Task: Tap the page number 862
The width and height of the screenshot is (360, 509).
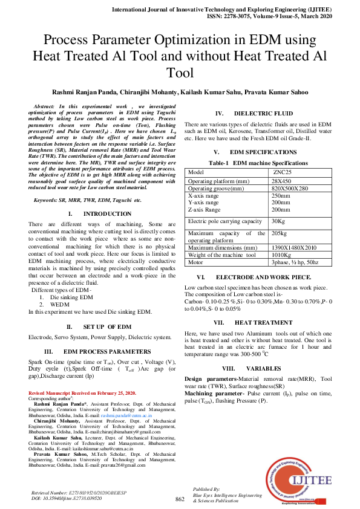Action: [180, 499]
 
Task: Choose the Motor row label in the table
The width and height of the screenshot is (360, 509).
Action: [196, 263]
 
